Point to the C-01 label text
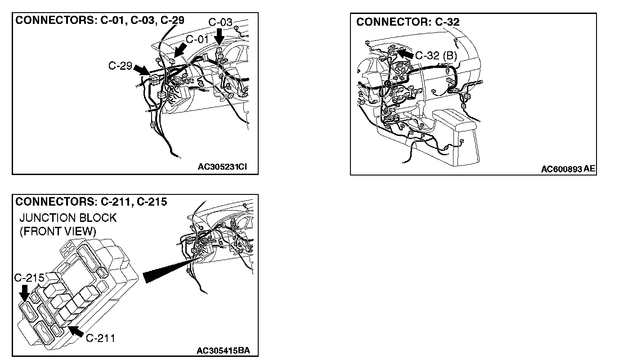pyautogui.click(x=198, y=39)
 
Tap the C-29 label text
pyautogui.click(x=120, y=66)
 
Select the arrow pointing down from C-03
pyautogui.click(x=220, y=36)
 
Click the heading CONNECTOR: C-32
pyautogui.click(x=408, y=22)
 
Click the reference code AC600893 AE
pyautogui.click(x=568, y=169)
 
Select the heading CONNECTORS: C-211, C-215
pyautogui.click(x=91, y=202)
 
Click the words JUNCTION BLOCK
pyautogui.click(x=68, y=218)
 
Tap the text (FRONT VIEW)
pyautogui.click(x=58, y=231)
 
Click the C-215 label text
pyautogui.click(x=29, y=278)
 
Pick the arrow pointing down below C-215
pyautogui.click(x=24, y=294)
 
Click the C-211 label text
pyautogui.click(x=100, y=338)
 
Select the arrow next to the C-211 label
pyautogui.click(x=77, y=332)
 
